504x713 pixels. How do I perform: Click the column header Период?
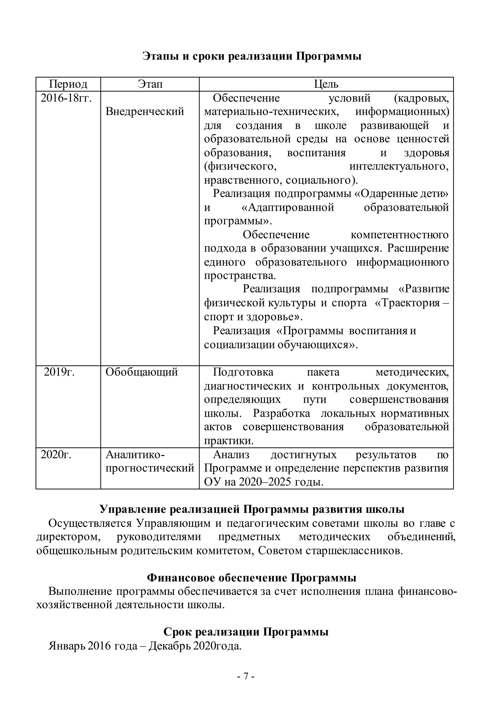click(68, 84)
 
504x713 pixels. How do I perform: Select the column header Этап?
click(150, 84)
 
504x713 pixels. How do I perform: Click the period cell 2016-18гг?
click(66, 98)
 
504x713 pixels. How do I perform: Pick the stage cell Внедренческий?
click(145, 112)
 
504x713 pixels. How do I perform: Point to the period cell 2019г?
click(59, 372)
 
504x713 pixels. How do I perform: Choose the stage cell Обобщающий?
click(142, 372)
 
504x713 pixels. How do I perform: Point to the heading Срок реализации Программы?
click(246, 632)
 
